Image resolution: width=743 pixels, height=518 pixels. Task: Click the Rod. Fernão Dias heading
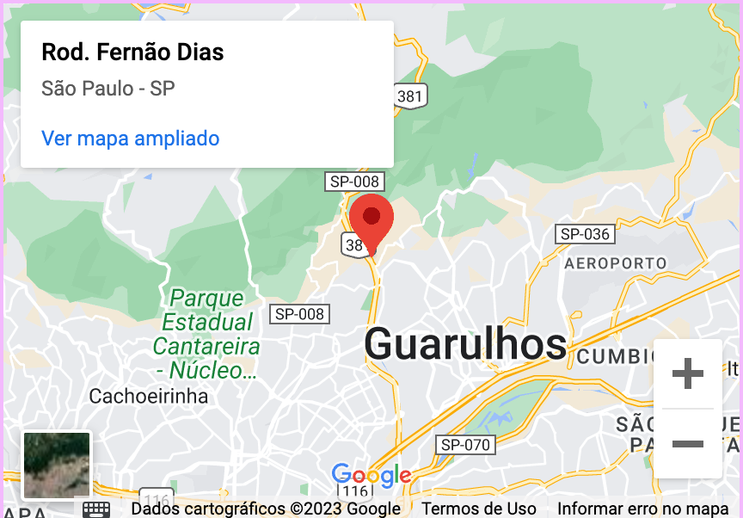click(x=132, y=52)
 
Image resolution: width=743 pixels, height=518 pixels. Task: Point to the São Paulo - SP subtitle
click(x=108, y=89)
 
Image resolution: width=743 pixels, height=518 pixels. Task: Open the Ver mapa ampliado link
click(x=130, y=139)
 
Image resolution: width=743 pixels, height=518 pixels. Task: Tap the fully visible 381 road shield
click(x=409, y=96)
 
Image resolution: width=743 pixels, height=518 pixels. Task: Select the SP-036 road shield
click(x=585, y=234)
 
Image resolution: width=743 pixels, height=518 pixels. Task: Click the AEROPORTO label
click(x=615, y=262)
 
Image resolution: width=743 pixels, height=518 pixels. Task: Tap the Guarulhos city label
click(x=465, y=344)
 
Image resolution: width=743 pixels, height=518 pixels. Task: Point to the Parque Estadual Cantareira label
click(x=207, y=335)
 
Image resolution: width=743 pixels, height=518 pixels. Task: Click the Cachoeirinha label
click(x=149, y=397)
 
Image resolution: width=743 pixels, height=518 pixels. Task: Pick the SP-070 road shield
click(x=465, y=445)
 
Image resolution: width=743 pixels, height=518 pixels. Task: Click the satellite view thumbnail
click(x=57, y=466)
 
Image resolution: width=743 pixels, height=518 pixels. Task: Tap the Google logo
click(x=371, y=475)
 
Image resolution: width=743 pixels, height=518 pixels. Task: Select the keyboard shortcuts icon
click(x=96, y=509)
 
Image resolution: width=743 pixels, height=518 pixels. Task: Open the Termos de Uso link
click(x=479, y=509)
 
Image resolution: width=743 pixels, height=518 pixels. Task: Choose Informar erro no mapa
click(x=642, y=509)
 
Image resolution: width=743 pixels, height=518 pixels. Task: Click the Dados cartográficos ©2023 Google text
click(x=266, y=509)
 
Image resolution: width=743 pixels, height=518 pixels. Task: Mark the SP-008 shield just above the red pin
click(x=354, y=182)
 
